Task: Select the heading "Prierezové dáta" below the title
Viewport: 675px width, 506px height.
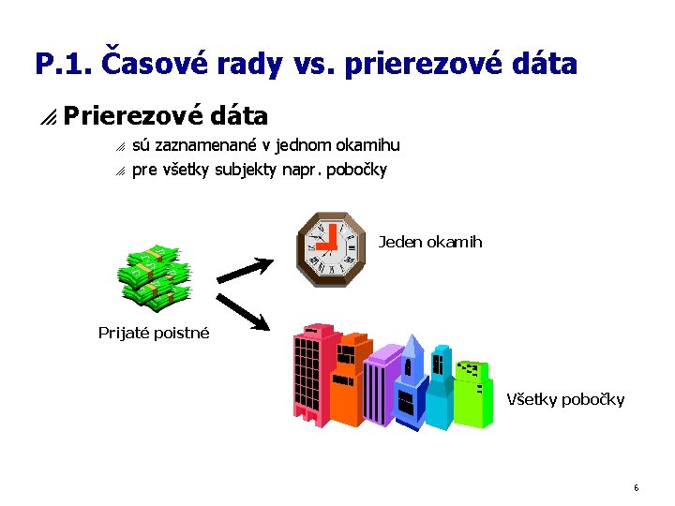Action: (166, 116)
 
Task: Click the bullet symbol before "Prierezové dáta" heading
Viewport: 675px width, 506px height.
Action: (48, 117)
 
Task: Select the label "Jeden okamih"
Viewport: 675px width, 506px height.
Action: (430, 243)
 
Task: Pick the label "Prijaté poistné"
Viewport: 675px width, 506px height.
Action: (154, 333)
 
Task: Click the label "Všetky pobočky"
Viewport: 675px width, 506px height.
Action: (565, 400)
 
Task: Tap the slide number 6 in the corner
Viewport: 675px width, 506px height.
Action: (636, 488)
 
